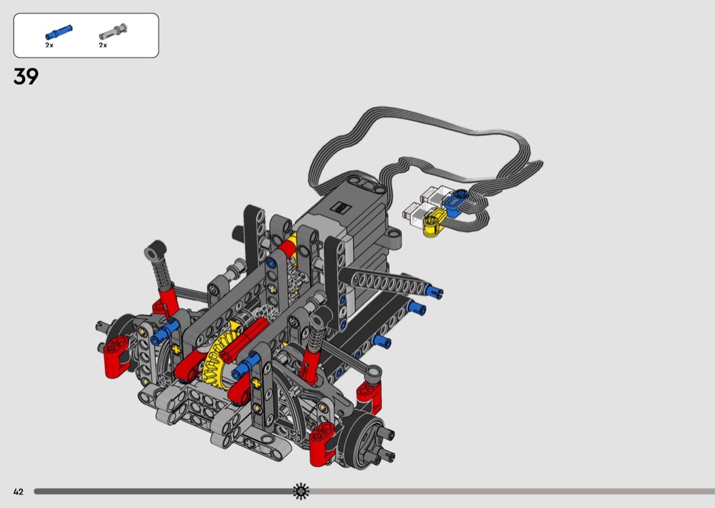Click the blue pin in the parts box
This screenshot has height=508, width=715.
[59, 33]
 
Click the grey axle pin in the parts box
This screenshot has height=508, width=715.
[113, 31]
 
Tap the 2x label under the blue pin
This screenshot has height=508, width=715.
[49, 45]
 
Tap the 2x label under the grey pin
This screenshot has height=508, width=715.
[103, 45]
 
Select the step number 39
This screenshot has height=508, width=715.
[26, 76]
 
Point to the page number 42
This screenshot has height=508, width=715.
[18, 492]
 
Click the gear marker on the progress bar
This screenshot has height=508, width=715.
[301, 491]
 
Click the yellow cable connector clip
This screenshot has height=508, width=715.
[434, 223]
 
